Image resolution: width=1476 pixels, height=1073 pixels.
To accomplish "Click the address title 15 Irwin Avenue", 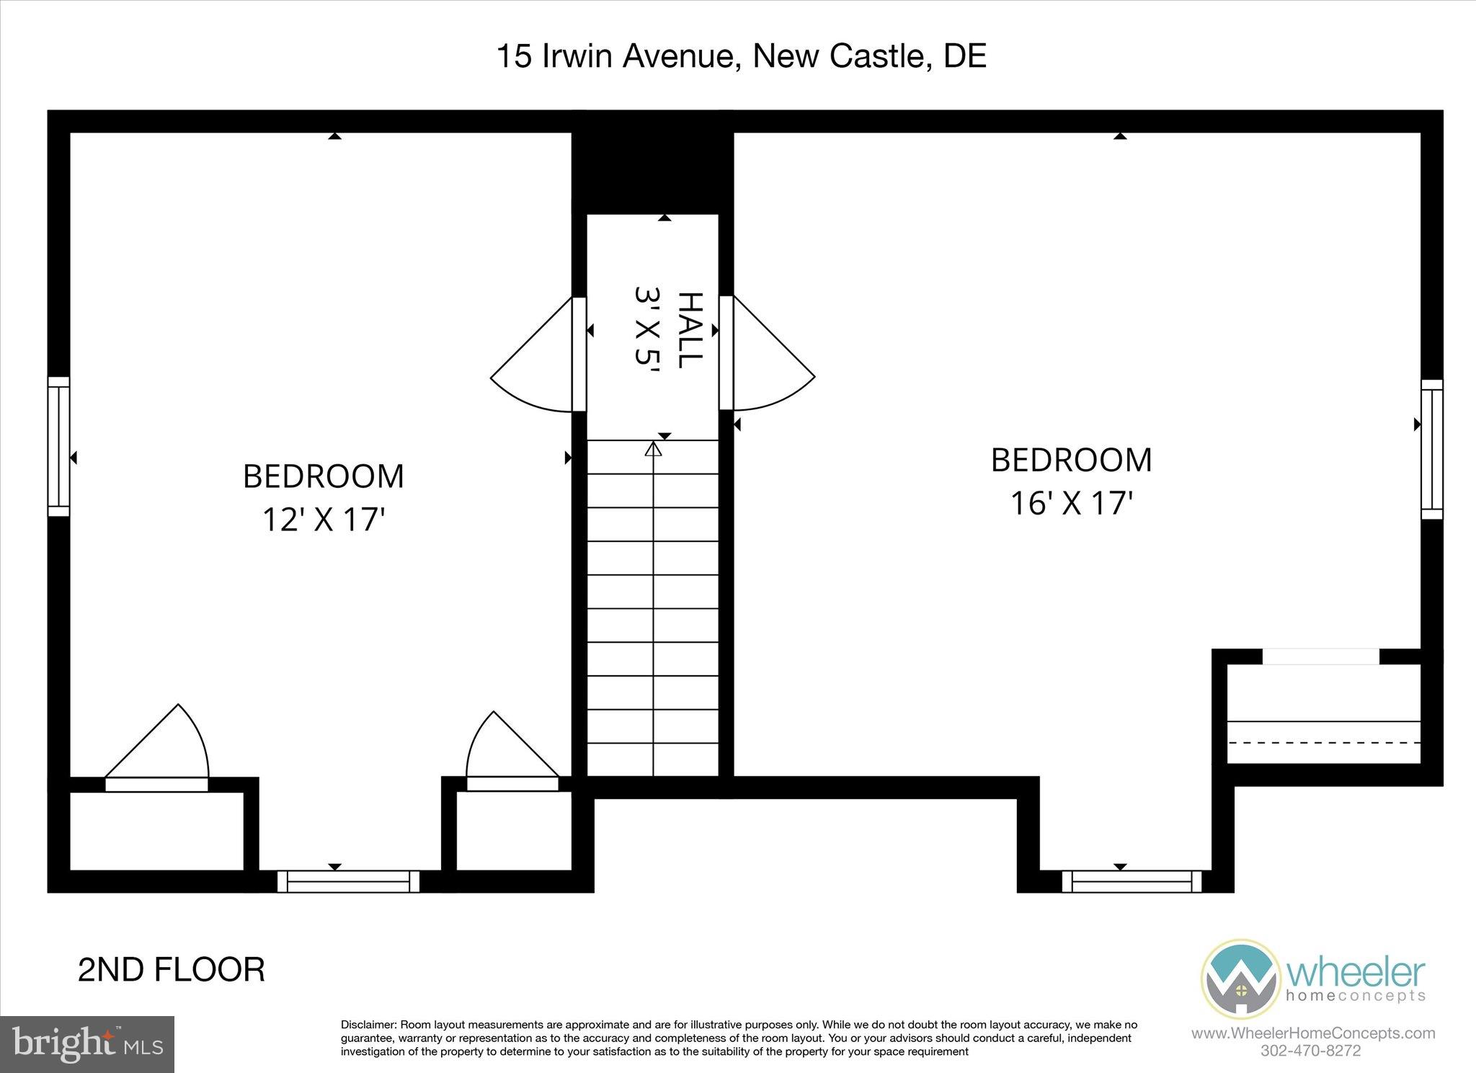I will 741,56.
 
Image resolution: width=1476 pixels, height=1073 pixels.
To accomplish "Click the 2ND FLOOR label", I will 171,970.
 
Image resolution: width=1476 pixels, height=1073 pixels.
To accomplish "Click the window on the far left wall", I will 58,447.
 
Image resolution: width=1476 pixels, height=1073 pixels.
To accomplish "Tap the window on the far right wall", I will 1431,450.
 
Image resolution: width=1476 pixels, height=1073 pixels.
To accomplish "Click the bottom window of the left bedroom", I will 348,881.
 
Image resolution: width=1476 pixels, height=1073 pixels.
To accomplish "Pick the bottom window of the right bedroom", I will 1132,881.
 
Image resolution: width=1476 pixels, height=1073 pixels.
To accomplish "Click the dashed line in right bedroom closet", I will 1323,742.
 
